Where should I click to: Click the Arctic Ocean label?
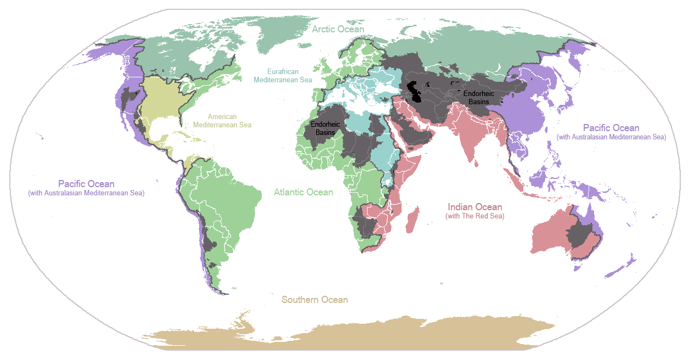(x=338, y=29)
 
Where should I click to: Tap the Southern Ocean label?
(x=314, y=300)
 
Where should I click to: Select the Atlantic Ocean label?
(x=303, y=192)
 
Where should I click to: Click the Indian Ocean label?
(x=475, y=207)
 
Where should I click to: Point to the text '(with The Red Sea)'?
(x=475, y=216)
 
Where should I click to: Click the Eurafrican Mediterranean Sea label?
(x=283, y=76)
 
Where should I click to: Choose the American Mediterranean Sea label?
(x=222, y=121)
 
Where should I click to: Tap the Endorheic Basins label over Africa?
(x=325, y=128)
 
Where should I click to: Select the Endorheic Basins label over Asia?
(x=478, y=98)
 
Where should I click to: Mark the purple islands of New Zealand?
(x=623, y=266)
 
